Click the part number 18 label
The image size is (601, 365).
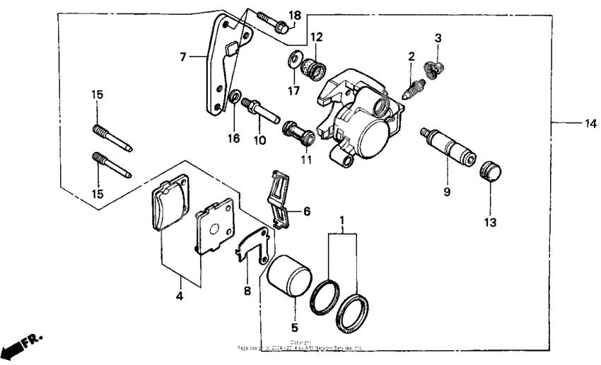[296, 16]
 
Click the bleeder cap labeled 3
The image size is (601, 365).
[435, 68]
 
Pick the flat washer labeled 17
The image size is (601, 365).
[293, 59]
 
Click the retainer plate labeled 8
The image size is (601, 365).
[252, 245]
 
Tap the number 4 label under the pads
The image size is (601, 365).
[180, 296]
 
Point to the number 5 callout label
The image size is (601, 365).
[295, 328]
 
